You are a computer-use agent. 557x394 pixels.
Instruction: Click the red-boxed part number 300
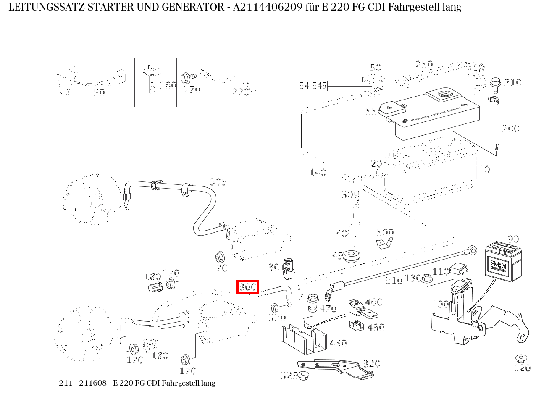coord(247,287)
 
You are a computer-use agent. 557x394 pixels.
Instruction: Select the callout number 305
coord(218,181)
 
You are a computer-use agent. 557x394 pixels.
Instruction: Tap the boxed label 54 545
coord(313,86)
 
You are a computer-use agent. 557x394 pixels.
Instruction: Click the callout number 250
coord(424,64)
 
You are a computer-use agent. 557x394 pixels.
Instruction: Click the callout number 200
coord(510,129)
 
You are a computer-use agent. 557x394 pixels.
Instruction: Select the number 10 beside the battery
coord(484,169)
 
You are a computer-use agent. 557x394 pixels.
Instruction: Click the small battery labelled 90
coord(504,262)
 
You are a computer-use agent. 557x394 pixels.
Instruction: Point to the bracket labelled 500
coord(384,243)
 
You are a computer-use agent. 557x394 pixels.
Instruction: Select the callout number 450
coord(338,343)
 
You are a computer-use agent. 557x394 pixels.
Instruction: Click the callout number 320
coord(371,364)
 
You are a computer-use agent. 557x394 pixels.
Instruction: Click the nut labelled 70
coord(219,256)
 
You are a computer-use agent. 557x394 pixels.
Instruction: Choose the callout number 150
coord(96,92)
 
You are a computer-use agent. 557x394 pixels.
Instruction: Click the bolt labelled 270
coord(188,78)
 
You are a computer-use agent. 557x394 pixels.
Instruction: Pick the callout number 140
coord(317,172)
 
